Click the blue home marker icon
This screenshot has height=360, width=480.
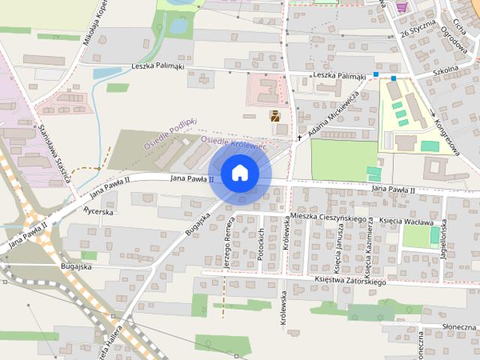(239, 172)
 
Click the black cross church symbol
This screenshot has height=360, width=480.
(299, 137)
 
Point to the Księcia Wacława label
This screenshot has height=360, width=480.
(406, 222)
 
